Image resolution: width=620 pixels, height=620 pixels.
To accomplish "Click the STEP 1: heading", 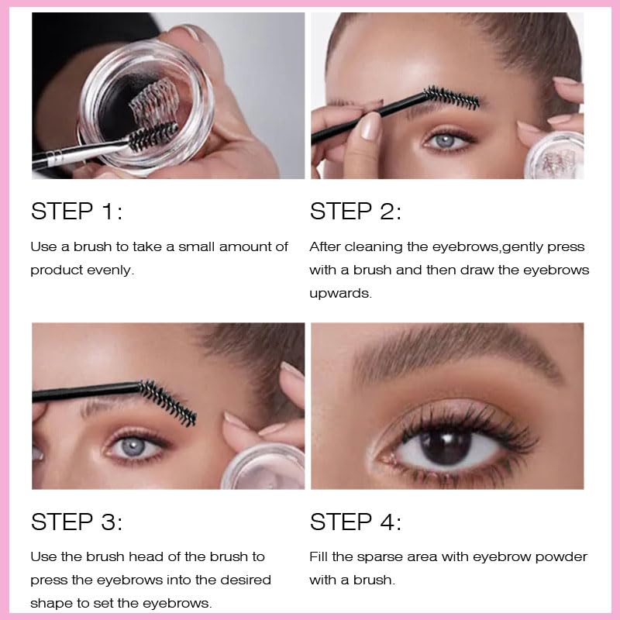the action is [x=77, y=211].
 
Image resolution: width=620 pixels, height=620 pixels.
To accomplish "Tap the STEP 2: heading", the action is [x=356, y=211].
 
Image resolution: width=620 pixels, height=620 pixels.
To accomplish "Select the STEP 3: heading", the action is [x=77, y=522].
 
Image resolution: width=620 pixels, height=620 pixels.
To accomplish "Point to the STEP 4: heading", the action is [x=356, y=522].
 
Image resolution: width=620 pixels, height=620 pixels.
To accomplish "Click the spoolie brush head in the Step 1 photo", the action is [x=153, y=136].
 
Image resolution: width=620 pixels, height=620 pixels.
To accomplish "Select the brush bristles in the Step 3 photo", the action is [x=168, y=402].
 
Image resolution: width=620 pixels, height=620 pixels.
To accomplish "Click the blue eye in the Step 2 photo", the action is [x=446, y=141].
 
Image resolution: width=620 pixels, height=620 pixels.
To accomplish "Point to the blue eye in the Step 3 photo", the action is [x=133, y=447].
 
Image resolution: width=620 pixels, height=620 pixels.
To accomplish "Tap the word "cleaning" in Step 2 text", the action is [x=374, y=247].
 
